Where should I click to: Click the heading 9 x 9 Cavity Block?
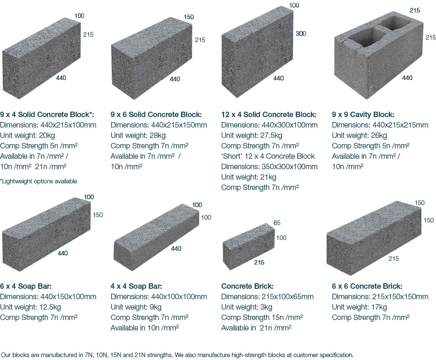pos(363,114)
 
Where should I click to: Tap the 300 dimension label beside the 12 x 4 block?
pos(301,34)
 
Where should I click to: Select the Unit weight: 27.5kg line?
pos(252,135)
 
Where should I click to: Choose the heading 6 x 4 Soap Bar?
pos(25,286)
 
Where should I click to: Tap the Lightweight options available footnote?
pos(39,181)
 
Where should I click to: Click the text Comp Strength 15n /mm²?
pos(262,317)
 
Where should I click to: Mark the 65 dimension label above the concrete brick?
pos(277,223)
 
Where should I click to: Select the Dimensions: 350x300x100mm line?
pos(269,167)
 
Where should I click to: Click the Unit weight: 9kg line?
pos(136,307)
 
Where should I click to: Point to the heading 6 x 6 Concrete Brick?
pos(367,286)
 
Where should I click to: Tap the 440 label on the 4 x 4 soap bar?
pos(176,249)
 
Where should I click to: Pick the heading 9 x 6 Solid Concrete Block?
pos(156,114)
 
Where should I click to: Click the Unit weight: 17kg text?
pos(359,307)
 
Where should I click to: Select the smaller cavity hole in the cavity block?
pos(394,23)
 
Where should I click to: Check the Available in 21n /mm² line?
pos(256,328)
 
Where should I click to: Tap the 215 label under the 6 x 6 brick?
pos(394,259)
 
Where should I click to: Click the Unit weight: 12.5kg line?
pos(30,307)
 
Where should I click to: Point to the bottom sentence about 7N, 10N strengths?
pos(177,355)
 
